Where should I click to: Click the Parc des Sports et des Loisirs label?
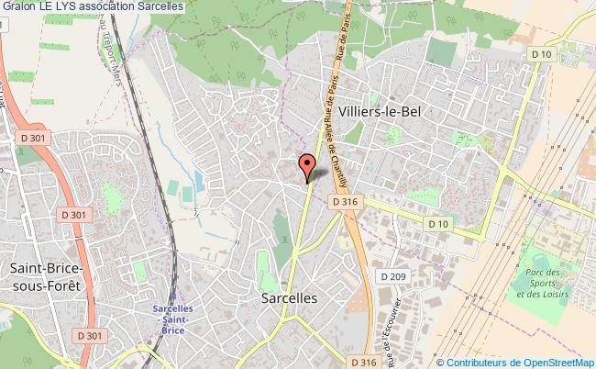[x=542, y=284]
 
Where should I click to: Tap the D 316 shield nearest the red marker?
[x=344, y=201]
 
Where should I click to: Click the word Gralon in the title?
[x=18, y=7]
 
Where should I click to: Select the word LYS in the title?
[x=79, y=7]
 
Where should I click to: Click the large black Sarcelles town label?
[x=289, y=299]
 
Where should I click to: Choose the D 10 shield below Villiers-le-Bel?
[x=436, y=223]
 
